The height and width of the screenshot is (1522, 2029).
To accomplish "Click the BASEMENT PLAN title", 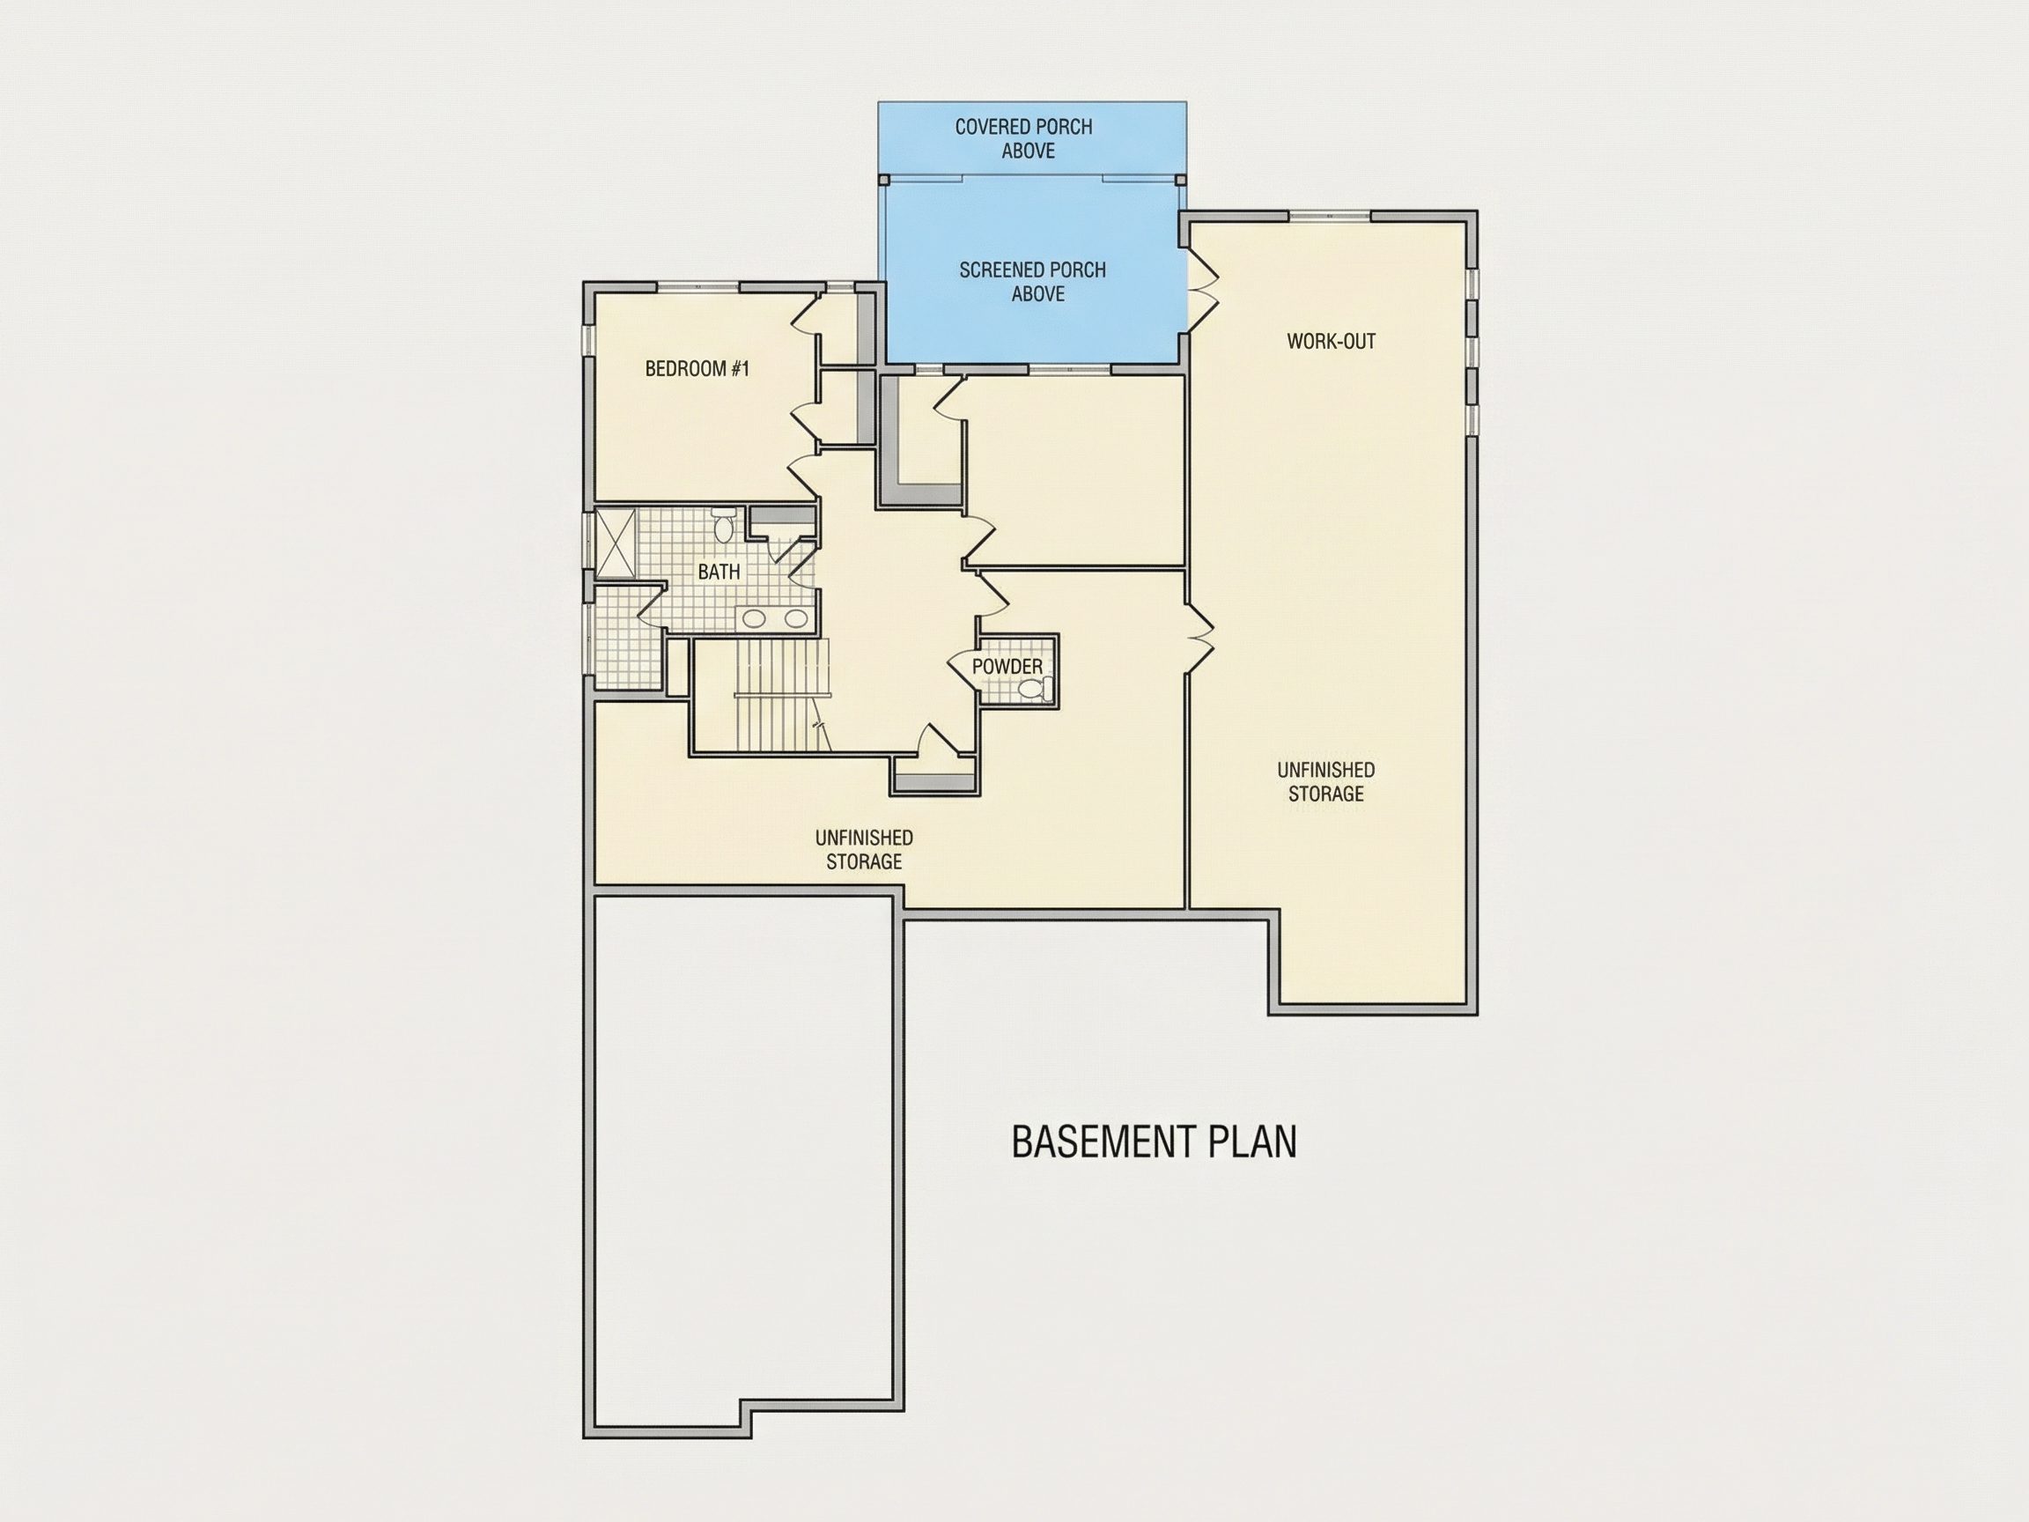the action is pos(1154,1142).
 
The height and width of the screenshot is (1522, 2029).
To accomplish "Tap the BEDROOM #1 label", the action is pos(697,369).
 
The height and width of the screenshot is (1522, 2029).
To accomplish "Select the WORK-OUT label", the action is pos(1331,341).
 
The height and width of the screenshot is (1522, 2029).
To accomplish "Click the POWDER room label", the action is pos(1007,667).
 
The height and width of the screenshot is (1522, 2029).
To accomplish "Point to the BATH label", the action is pos(719,573).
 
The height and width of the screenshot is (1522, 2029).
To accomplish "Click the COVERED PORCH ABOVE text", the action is pos(1023,138).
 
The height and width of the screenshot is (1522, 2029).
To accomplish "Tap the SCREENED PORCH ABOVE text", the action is pos(1033,282).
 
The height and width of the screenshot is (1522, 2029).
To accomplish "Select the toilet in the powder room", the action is pos(1034,690).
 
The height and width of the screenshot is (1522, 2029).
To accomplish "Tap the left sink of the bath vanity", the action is pos(755,618).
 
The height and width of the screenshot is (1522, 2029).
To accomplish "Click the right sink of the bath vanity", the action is pos(795,618).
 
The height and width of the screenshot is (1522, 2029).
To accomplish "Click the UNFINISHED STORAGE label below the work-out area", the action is pos(1325,781).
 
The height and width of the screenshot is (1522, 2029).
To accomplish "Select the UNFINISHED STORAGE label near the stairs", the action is pos(864,850).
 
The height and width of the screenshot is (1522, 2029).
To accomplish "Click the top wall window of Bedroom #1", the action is pos(699,287).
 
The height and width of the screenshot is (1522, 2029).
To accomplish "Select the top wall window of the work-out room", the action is pos(1329,216).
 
